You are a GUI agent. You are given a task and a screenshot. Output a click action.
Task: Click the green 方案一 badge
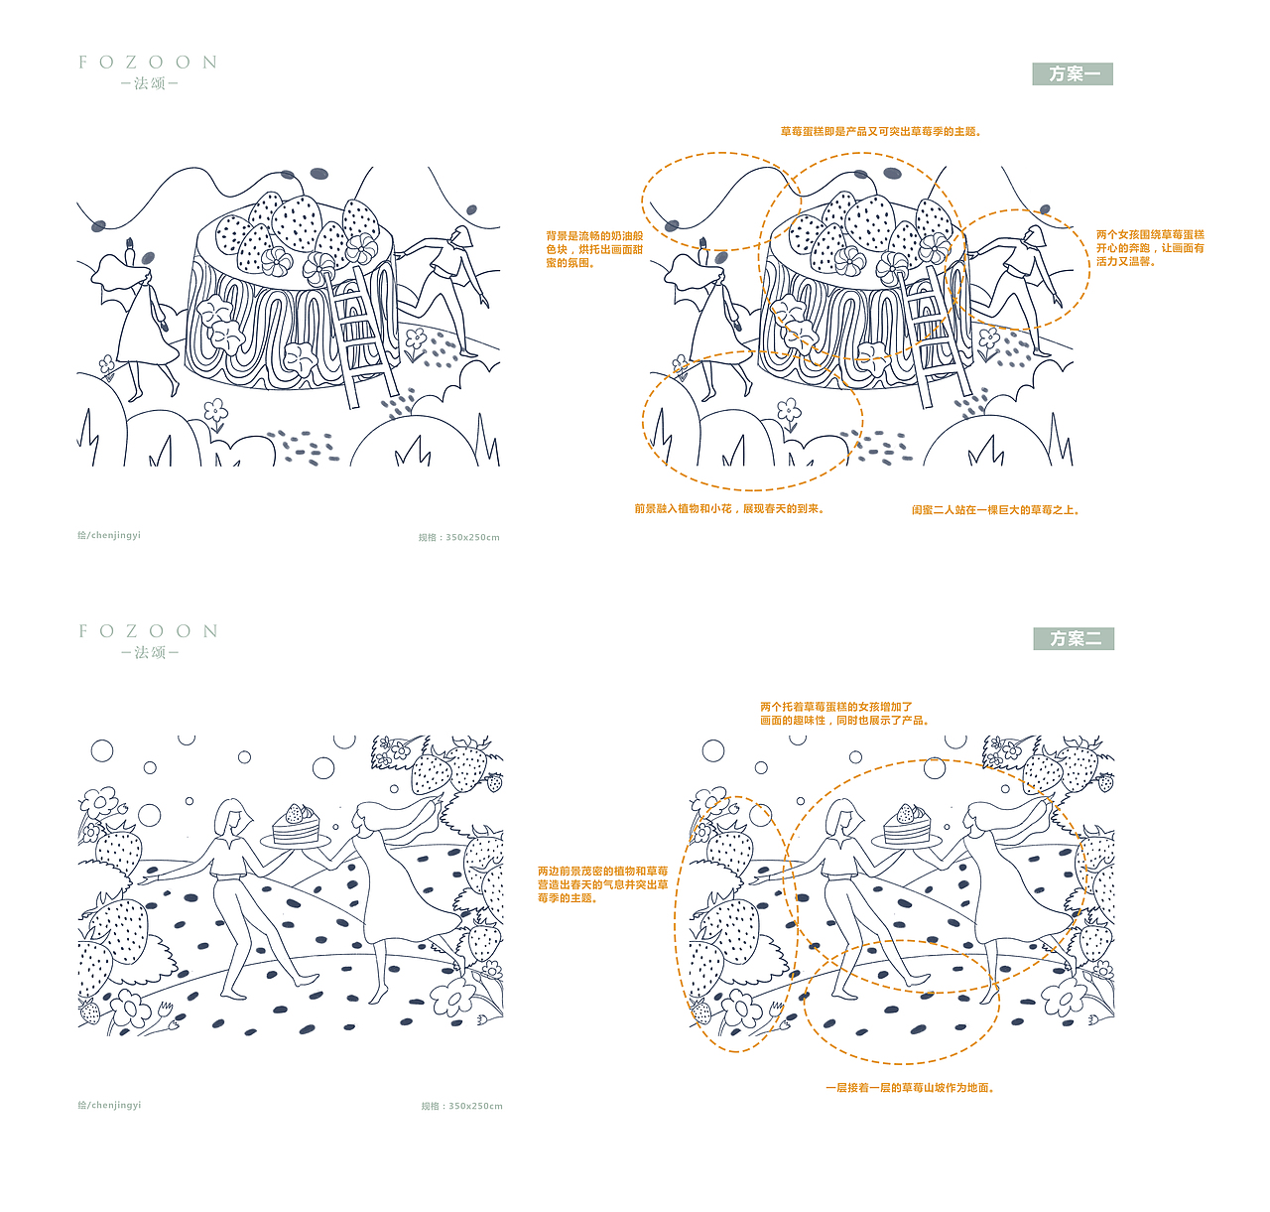[1073, 73]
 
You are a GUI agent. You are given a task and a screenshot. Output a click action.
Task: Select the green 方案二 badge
[1074, 638]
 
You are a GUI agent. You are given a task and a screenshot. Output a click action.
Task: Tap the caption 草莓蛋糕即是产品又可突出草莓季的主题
[880, 131]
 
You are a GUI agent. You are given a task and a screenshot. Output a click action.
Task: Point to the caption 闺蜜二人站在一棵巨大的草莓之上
[995, 510]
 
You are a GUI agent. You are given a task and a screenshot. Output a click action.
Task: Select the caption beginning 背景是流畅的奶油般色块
[594, 249]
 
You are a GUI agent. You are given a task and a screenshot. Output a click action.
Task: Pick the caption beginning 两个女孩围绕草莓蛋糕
[1150, 248]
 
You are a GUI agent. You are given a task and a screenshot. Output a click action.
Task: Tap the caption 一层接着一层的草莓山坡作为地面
[910, 1088]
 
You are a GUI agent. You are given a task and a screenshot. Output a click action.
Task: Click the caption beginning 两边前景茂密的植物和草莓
[602, 884]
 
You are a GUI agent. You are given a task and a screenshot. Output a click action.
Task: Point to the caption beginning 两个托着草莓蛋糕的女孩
[844, 714]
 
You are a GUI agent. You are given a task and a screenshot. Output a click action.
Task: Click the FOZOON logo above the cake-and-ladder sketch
[148, 62]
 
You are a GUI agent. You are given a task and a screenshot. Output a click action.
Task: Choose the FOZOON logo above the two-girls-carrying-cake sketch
[148, 630]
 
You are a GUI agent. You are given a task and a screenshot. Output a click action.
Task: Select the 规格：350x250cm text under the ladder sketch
[458, 538]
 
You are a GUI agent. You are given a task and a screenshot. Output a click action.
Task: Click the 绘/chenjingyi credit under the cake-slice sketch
[109, 1105]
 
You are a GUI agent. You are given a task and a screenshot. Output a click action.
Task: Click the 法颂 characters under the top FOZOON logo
[149, 83]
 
